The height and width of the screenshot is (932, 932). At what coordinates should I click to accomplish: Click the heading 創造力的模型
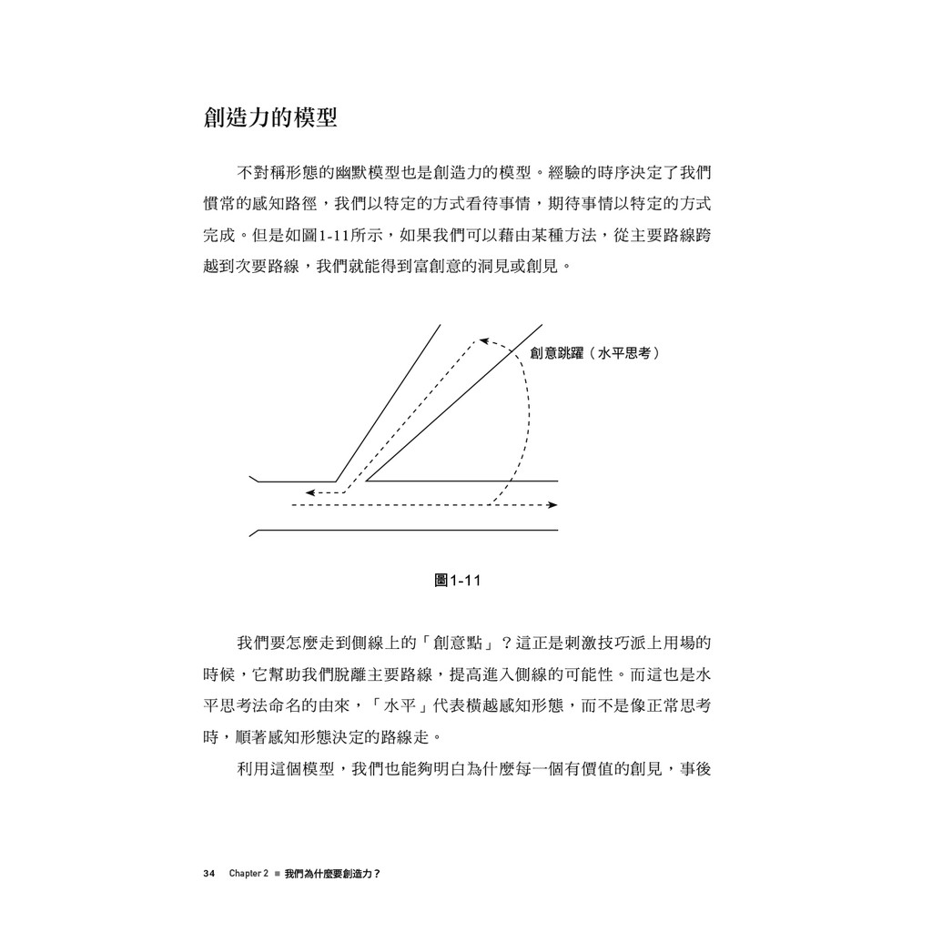coord(270,118)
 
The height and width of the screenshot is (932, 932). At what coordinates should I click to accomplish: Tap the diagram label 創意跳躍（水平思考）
coord(595,353)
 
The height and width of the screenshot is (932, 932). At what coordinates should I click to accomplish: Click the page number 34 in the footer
coord(208,873)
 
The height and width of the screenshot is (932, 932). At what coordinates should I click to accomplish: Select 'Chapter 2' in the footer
coord(248,873)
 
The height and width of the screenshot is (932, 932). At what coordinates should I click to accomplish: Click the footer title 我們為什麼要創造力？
coord(331,873)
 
